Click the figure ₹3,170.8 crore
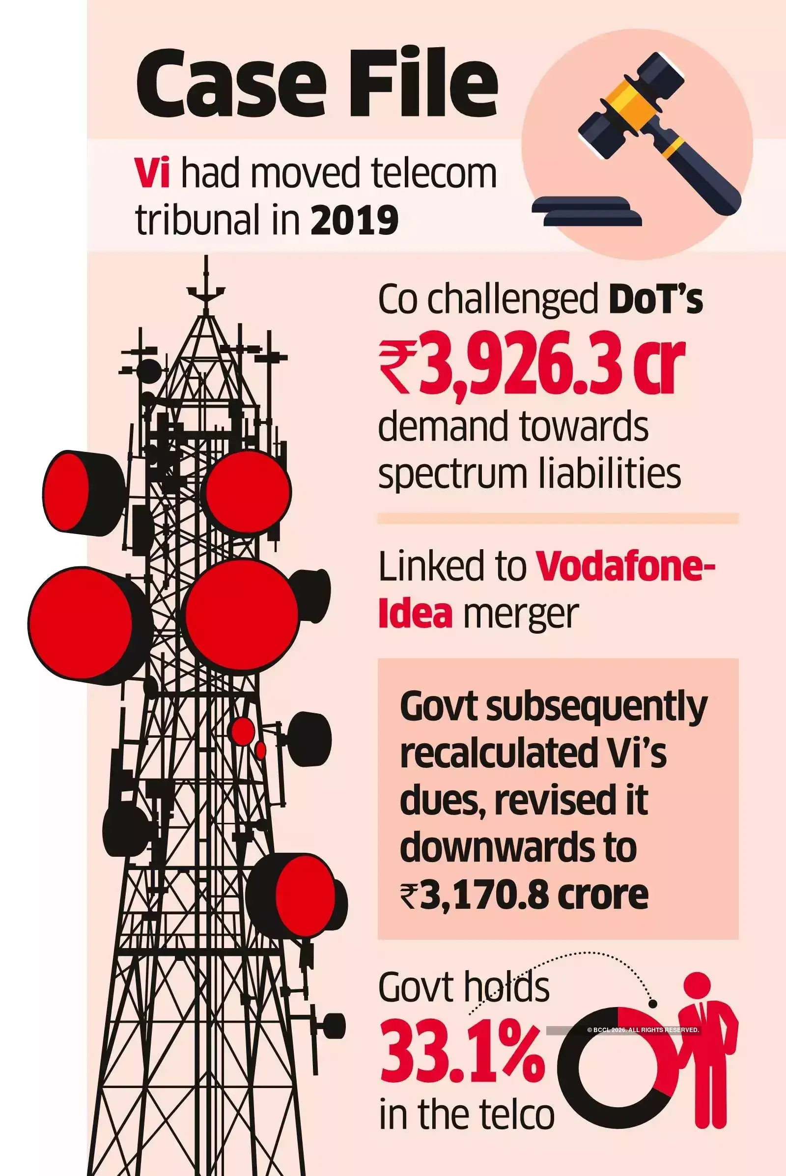(x=524, y=896)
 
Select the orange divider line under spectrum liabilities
(x=558, y=518)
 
